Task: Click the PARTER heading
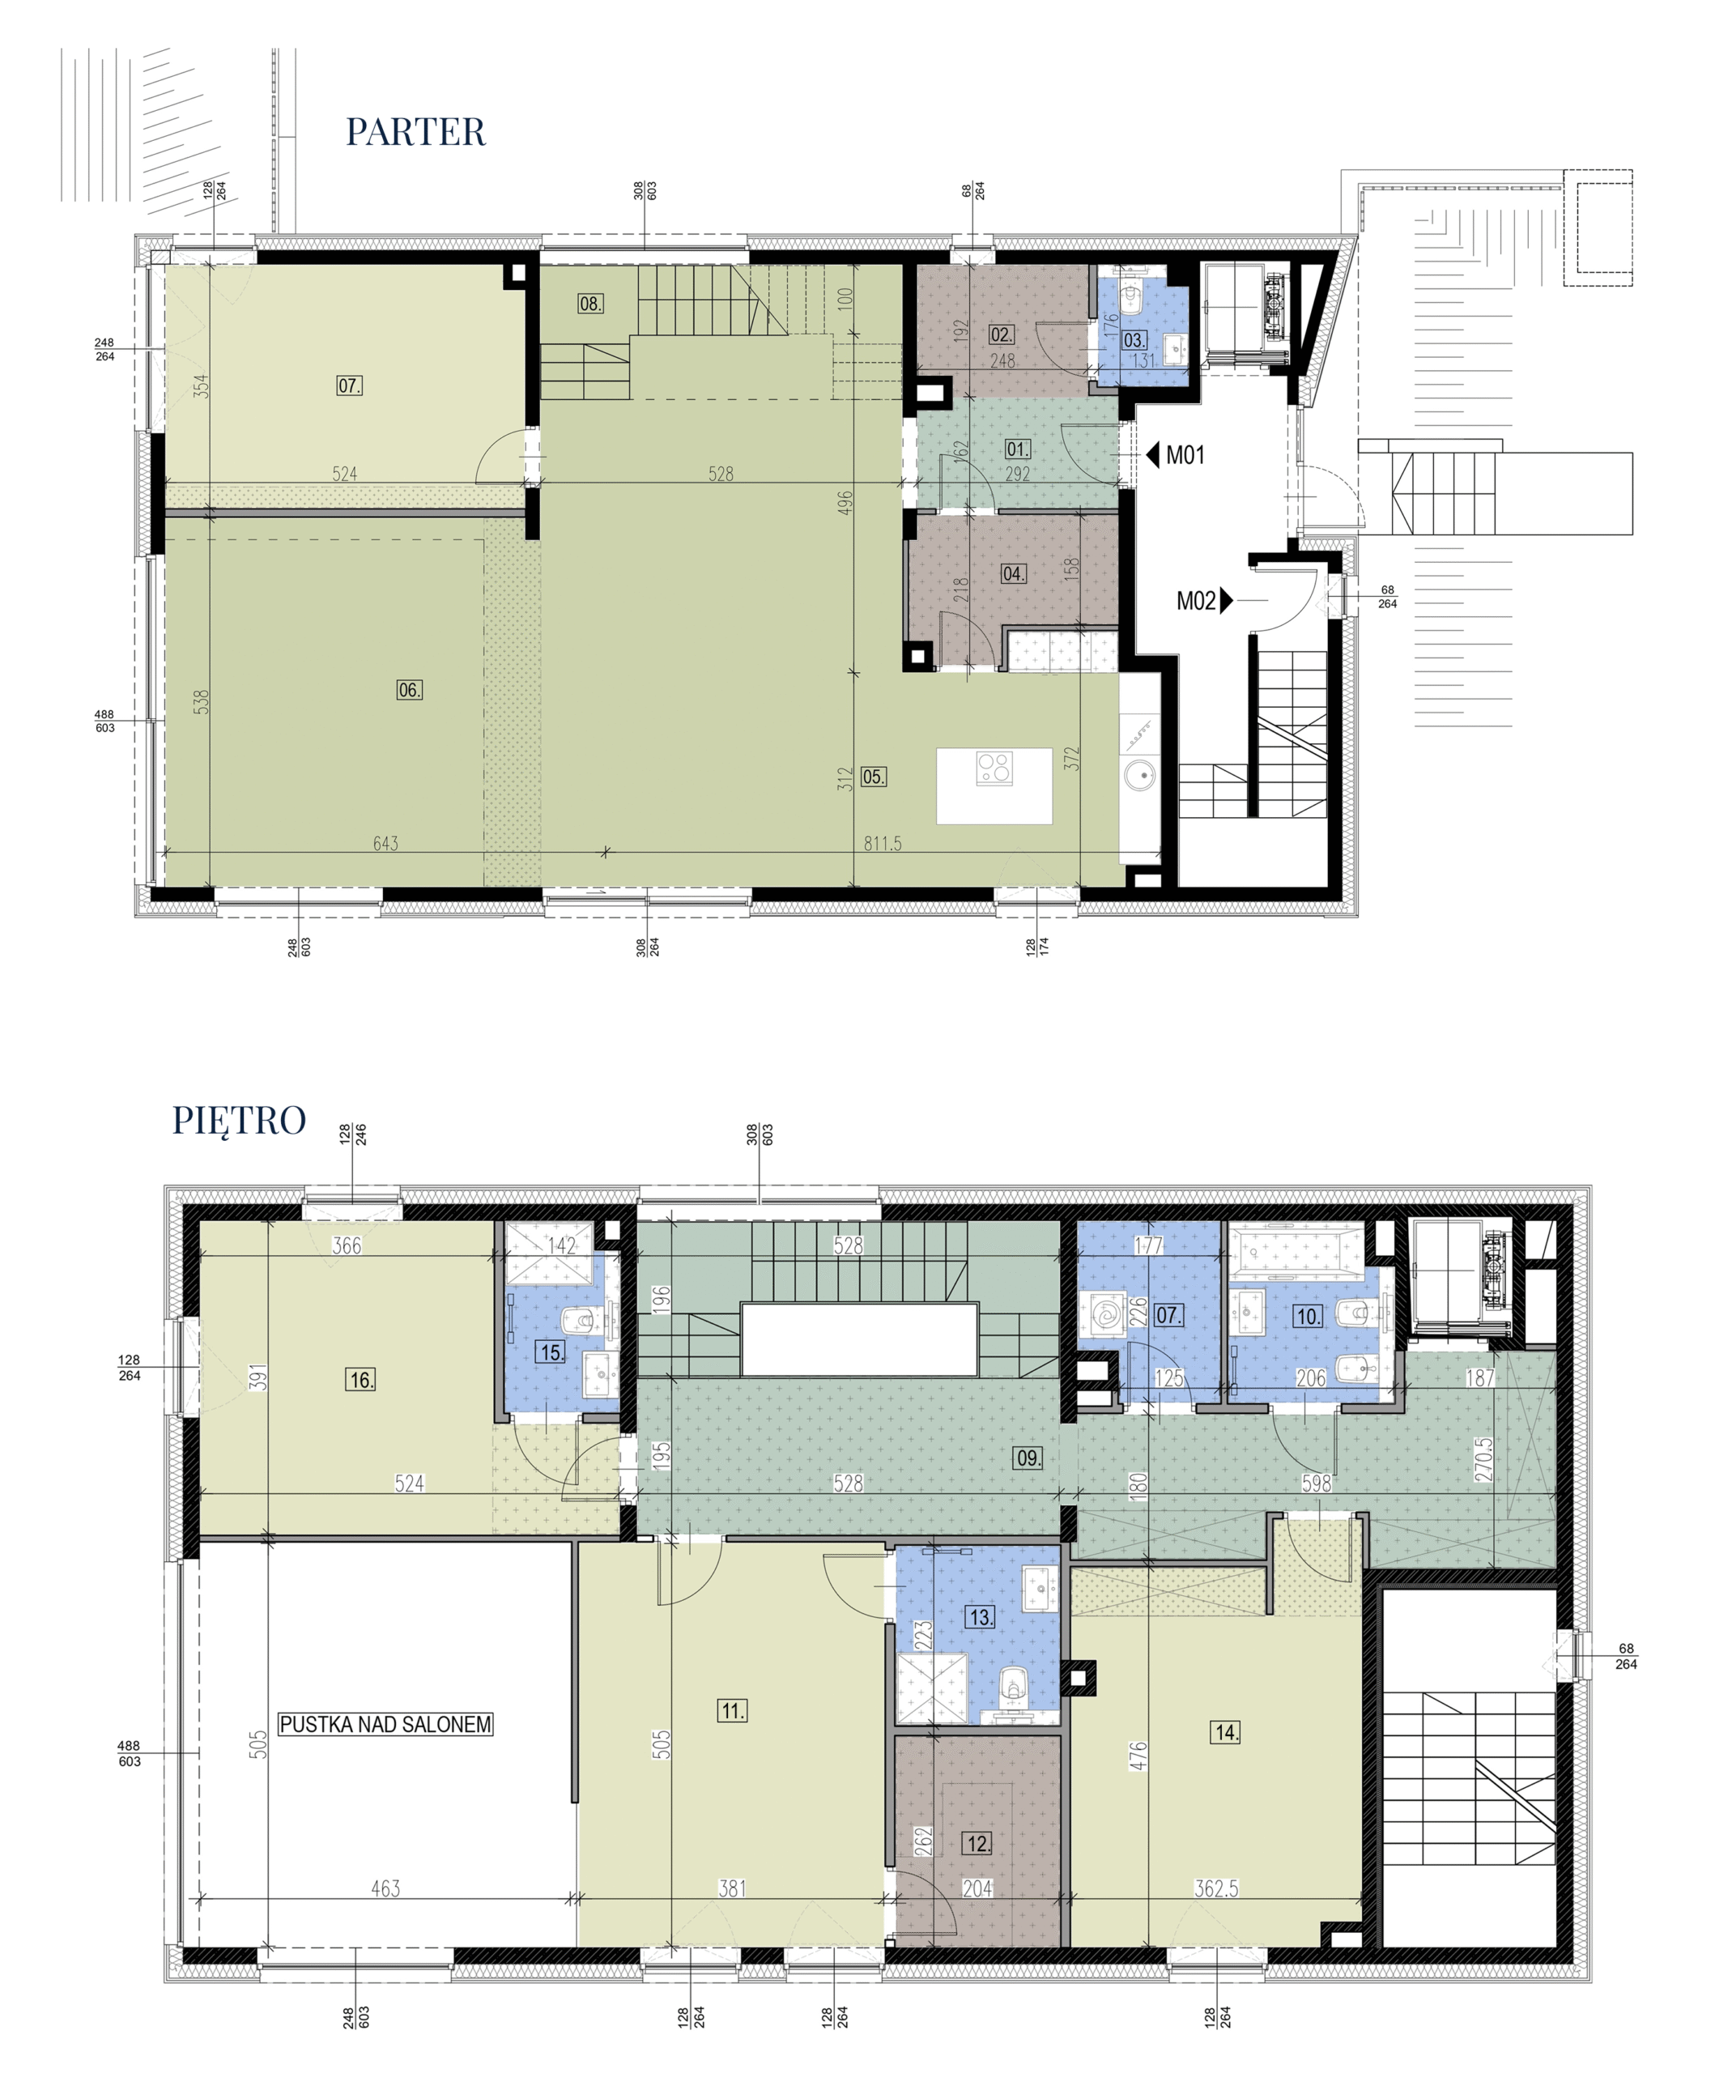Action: coord(415,132)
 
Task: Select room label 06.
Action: coord(409,690)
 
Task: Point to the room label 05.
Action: coord(873,777)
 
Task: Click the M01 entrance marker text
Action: coord(1185,455)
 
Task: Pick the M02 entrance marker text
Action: coord(1196,601)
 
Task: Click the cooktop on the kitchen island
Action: coord(994,769)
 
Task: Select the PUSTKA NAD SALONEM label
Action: coord(385,1641)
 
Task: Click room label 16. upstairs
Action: coord(360,1379)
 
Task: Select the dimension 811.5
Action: coord(882,844)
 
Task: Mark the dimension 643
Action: coord(385,844)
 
